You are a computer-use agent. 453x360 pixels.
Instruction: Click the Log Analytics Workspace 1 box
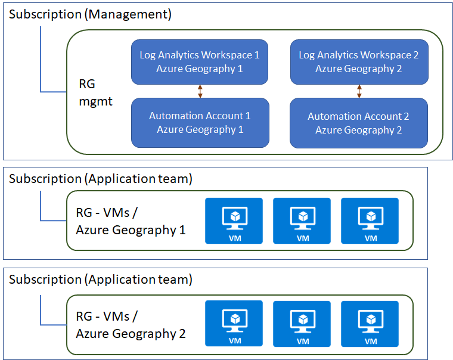pyautogui.click(x=200, y=62)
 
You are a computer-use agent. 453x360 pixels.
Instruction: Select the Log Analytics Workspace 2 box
pyautogui.click(x=359, y=62)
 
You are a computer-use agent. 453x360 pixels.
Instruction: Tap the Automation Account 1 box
pyautogui.click(x=200, y=123)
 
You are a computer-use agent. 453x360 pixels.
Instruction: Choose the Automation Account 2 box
pyautogui.click(x=359, y=123)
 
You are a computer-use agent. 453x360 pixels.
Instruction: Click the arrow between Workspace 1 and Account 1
pyautogui.click(x=200, y=91)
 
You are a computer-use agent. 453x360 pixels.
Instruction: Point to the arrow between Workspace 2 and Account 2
pyautogui.click(x=359, y=91)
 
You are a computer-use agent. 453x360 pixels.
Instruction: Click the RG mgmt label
pyautogui.click(x=95, y=93)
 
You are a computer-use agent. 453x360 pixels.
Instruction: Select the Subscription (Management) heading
pyautogui.click(x=90, y=14)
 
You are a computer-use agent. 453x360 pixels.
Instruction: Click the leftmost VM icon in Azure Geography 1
pyautogui.click(x=234, y=221)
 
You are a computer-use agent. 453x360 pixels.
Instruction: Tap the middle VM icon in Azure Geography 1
pyautogui.click(x=302, y=221)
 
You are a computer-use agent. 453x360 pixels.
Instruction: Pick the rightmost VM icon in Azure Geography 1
pyautogui.click(x=370, y=221)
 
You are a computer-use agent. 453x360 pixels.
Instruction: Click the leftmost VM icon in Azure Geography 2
pyautogui.click(x=234, y=324)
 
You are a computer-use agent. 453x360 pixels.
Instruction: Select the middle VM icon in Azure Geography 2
pyautogui.click(x=302, y=324)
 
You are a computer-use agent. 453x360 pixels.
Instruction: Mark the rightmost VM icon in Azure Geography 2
pyautogui.click(x=370, y=324)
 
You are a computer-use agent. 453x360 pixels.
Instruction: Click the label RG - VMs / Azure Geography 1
pyautogui.click(x=131, y=221)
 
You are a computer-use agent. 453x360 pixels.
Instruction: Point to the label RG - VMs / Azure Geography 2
pyautogui.click(x=131, y=325)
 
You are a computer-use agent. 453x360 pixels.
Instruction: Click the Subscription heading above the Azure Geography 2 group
pyautogui.click(x=101, y=280)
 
